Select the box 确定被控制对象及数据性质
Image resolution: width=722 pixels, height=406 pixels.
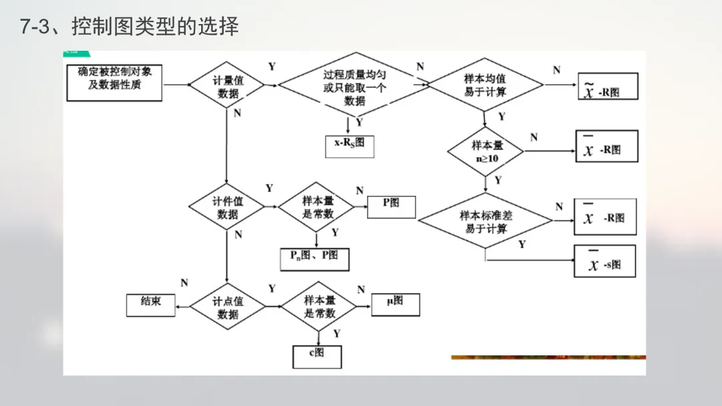click(114, 83)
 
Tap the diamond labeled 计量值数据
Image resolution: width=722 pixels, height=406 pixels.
click(227, 85)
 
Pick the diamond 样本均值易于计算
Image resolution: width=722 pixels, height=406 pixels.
click(485, 85)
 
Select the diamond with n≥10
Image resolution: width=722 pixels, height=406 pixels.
click(485, 152)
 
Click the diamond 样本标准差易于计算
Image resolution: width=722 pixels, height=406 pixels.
click(486, 221)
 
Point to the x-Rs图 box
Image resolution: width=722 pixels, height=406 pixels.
click(350, 145)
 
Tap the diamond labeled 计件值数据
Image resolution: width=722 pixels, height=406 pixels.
click(227, 207)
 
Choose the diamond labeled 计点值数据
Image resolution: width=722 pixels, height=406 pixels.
click(227, 307)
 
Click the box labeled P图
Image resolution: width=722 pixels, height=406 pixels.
click(391, 206)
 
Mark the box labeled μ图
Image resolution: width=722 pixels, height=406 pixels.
click(395, 304)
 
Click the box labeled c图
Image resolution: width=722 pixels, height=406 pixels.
click(317, 356)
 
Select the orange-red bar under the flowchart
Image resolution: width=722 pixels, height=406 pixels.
click(548, 357)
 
